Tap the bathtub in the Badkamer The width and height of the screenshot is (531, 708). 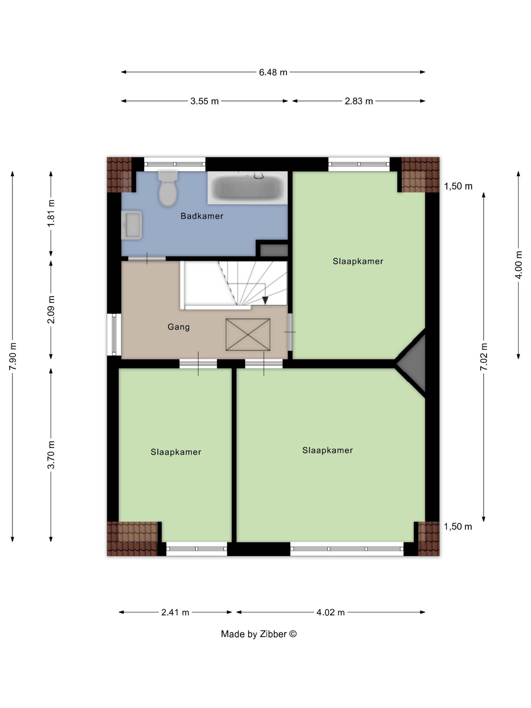pyautogui.click(x=247, y=188)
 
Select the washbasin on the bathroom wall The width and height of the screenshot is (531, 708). pyautogui.click(x=131, y=225)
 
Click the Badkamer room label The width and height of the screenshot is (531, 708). pyautogui.click(x=202, y=216)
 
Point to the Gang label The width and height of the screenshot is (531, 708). pyautogui.click(x=179, y=327)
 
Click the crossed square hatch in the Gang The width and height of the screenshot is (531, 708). pyautogui.click(x=248, y=335)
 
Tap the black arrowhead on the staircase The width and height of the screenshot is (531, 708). pyautogui.click(x=265, y=300)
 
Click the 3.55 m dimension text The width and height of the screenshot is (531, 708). pyautogui.click(x=204, y=101)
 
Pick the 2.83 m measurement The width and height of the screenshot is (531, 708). pyautogui.click(x=359, y=101)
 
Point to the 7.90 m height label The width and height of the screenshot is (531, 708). pyautogui.click(x=13, y=356)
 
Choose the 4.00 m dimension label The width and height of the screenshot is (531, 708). pyautogui.click(x=519, y=265)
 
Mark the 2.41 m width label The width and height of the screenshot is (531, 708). pyautogui.click(x=175, y=612)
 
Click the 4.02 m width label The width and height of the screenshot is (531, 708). pyautogui.click(x=330, y=612)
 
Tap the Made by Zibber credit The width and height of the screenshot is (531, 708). pyautogui.click(x=259, y=634)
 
